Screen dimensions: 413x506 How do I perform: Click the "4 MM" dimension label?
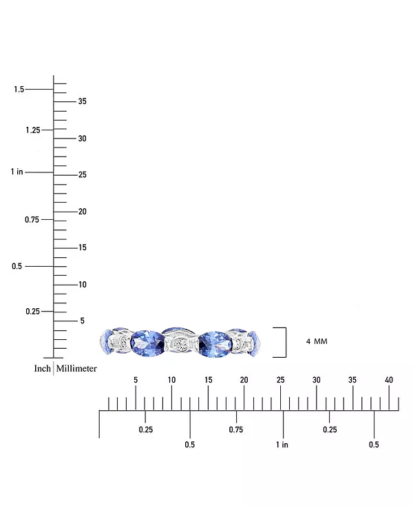[317, 341]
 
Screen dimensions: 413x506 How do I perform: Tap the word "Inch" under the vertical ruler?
[43, 369]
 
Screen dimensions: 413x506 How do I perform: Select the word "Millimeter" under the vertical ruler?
[76, 369]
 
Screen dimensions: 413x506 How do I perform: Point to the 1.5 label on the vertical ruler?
[19, 89]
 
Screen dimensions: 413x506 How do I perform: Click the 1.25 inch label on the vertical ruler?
[33, 130]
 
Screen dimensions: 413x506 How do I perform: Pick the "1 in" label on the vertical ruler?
[17, 172]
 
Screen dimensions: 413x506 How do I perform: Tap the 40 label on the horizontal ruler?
[389, 380]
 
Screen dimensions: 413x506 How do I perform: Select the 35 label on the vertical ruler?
[82, 101]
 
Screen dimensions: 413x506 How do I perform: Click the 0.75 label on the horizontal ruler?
[236, 429]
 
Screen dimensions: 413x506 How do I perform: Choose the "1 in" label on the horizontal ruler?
[282, 445]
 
